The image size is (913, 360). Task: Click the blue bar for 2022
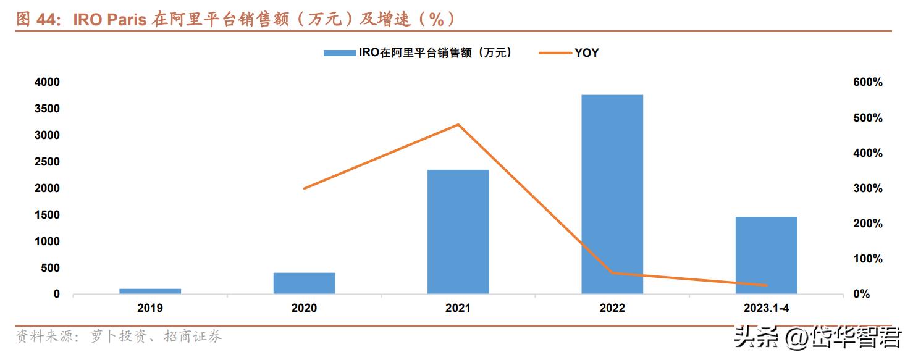coord(612,194)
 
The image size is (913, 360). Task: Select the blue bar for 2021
coord(458,232)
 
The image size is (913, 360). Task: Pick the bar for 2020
coord(304,283)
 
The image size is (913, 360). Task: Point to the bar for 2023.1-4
coord(766,255)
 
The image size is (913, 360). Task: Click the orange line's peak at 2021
coord(458,125)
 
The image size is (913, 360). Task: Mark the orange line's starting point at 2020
coord(304,188)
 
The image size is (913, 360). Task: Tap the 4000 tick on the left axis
coord(48,82)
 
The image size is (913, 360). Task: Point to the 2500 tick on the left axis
coord(48,162)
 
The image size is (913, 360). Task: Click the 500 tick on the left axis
coord(51,268)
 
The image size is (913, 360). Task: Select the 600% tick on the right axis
coord(868,83)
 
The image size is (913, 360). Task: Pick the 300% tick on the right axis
coord(868,188)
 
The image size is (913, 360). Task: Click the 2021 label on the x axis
coord(458,308)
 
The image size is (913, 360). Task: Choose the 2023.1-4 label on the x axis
coord(766,308)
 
